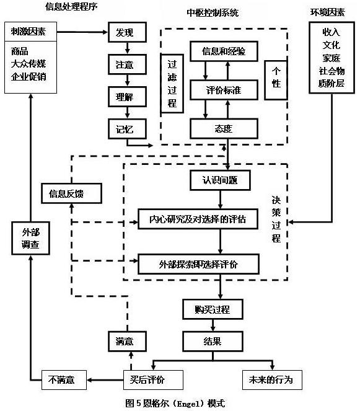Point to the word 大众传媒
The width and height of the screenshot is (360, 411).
click(29, 64)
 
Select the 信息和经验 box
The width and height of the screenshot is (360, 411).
click(223, 51)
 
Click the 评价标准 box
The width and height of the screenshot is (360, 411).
click(223, 91)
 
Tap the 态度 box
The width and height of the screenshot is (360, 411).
click(223, 128)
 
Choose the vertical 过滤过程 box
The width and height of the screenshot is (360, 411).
click(172, 82)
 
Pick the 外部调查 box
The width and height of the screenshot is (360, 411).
click(29, 239)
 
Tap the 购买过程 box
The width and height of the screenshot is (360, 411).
click(212, 308)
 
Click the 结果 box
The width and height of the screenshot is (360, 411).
click(212, 341)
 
